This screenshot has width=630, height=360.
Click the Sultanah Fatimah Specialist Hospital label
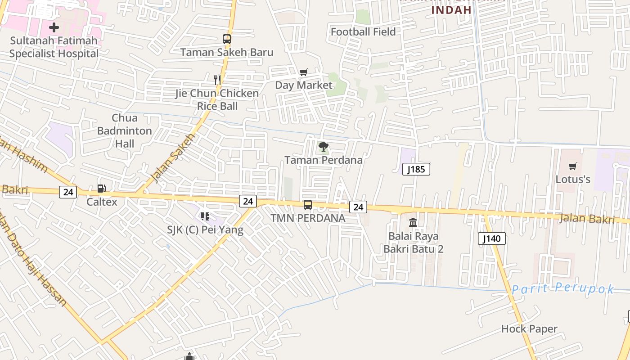click(x=54, y=47)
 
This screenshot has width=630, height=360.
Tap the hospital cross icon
click(x=54, y=27)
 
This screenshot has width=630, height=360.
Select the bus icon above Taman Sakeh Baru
click(x=227, y=39)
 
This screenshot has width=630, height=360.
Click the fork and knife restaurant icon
click(x=217, y=80)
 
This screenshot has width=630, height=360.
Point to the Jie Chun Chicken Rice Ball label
click(x=217, y=99)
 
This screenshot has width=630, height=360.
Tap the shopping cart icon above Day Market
click(x=304, y=72)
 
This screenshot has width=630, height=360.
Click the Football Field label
click(x=363, y=32)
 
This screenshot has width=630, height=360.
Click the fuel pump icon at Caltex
click(x=102, y=189)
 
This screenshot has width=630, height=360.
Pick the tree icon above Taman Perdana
click(x=323, y=146)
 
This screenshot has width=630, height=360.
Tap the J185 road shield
click(x=416, y=169)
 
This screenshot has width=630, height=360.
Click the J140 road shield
click(x=491, y=238)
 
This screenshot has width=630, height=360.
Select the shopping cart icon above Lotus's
click(x=572, y=166)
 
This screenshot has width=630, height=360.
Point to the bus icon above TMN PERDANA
click(x=308, y=205)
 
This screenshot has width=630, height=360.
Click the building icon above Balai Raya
click(x=413, y=222)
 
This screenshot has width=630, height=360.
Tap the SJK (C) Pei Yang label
click(x=205, y=230)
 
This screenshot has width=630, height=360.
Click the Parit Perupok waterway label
click(x=562, y=288)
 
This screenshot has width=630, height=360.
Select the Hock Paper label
click(x=529, y=329)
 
